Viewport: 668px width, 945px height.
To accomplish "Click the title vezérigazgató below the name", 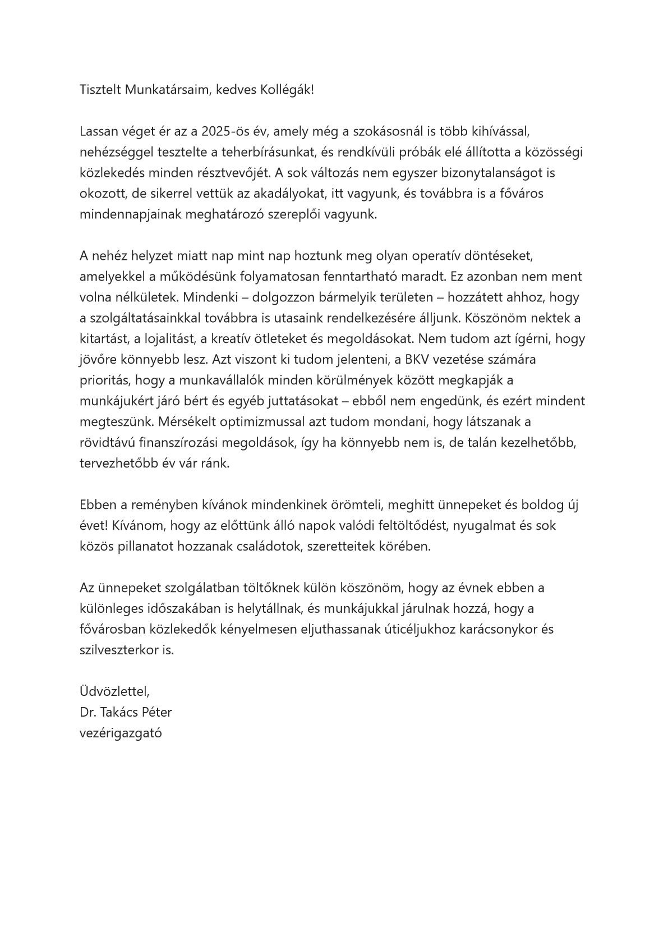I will tap(121, 733).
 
